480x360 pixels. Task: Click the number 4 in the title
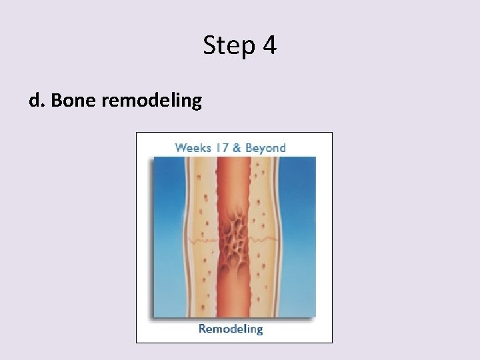coord(268,46)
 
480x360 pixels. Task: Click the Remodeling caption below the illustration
coord(231,329)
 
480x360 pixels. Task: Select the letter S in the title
coord(209,46)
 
